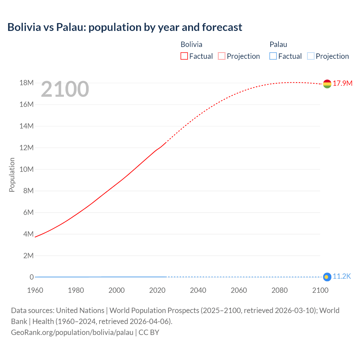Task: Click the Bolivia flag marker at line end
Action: coord(327,84)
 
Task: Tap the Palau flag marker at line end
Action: coord(327,277)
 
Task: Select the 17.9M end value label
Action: coord(343,83)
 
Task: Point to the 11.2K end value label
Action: coord(342,276)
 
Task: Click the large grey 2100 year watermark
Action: coord(65,89)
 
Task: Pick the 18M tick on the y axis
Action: coord(26,83)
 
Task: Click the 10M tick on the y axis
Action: coord(26,169)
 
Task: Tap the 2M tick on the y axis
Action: coord(28,256)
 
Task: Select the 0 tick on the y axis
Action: coord(32,277)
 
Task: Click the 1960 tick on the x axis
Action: coord(35,290)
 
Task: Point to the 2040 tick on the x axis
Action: coord(198,290)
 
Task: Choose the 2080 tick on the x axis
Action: coord(280,290)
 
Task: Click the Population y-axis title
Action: coord(12,175)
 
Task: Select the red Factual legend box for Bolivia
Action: coord(184,56)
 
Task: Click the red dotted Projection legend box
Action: coord(222,56)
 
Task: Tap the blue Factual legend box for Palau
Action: coord(273,56)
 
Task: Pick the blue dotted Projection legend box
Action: coord(311,56)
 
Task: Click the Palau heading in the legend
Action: coord(278,44)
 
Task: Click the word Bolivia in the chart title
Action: coord(24,27)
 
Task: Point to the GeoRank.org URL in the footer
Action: coord(72,332)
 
